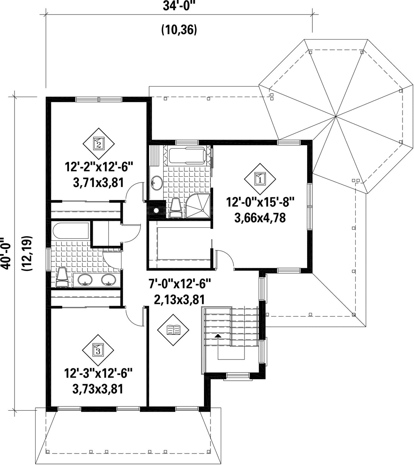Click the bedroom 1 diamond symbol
pos(260,179)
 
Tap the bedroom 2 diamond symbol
pos(99,144)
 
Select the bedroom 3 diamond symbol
pos(98,350)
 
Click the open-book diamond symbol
pos(173,330)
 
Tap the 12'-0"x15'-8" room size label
pos(260,202)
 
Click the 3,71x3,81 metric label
pos(99,183)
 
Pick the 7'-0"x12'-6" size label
pos(180,284)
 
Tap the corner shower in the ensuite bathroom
pos(198,205)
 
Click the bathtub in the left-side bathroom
pos(71,231)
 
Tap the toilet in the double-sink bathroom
pos(62,277)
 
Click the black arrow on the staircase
pos(218,335)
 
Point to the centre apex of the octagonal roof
pos(335,117)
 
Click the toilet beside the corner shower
pos(176,208)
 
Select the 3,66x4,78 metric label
pos(260,218)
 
